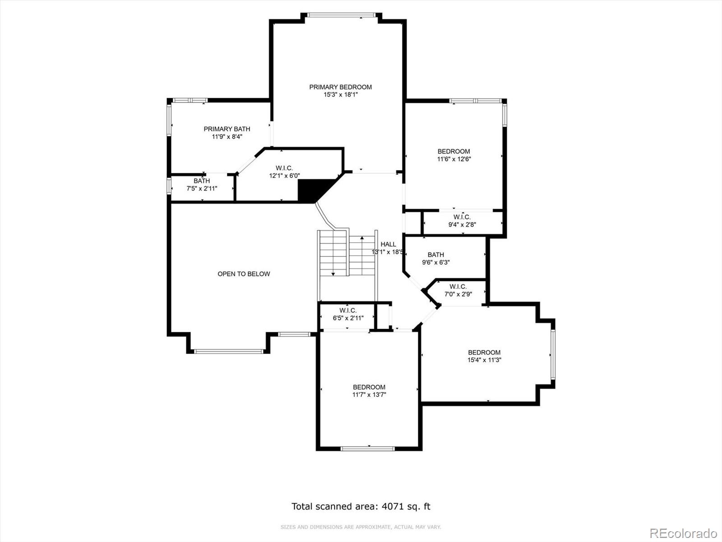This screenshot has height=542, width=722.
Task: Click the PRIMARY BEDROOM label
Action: (340, 87)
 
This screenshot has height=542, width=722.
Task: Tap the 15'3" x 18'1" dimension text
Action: (340, 95)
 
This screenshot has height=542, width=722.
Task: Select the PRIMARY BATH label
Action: (227, 129)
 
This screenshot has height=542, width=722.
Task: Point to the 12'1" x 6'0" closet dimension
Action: (285, 176)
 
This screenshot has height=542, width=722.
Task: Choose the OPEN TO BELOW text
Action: (244, 274)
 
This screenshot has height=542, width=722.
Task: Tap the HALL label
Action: (389, 244)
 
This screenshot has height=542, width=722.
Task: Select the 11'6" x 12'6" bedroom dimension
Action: (454, 159)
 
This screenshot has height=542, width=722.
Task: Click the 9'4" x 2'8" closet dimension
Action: (462, 225)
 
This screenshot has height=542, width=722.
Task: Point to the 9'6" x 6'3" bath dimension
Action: (436, 262)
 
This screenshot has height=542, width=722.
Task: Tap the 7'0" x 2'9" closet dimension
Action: (458, 294)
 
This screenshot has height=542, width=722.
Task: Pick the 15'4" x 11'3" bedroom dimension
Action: (484, 360)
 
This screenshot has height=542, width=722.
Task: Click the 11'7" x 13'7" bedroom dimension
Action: (369, 395)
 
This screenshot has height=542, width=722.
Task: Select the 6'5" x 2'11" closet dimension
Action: (348, 318)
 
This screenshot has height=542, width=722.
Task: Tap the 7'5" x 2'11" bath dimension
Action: (202, 188)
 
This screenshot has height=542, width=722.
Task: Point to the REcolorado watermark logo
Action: (684, 533)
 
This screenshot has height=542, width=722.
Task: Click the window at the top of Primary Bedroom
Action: (341, 15)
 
